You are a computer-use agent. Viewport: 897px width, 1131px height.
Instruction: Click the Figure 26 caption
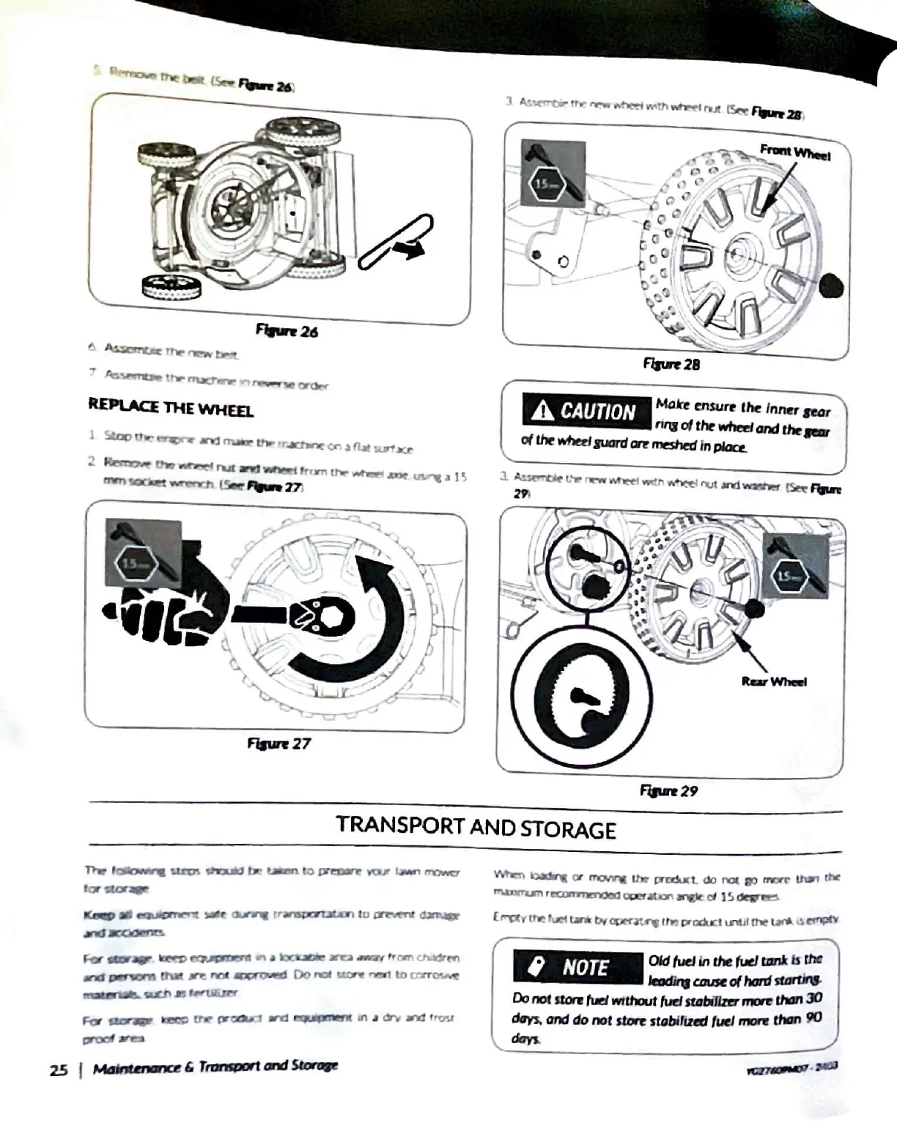point(287,330)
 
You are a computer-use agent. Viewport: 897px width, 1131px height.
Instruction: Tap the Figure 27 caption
point(278,744)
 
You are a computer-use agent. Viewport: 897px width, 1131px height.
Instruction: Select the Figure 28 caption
point(671,363)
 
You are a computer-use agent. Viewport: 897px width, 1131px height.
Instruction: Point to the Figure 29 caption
point(668,790)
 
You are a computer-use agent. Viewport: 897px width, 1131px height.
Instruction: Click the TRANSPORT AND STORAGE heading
point(476,828)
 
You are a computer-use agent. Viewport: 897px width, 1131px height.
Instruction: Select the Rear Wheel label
point(774,681)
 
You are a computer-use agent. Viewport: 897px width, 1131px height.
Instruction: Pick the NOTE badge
point(577,967)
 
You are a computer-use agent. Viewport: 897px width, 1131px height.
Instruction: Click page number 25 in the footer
point(59,1069)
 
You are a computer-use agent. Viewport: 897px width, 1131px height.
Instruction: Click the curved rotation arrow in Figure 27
point(366,623)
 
